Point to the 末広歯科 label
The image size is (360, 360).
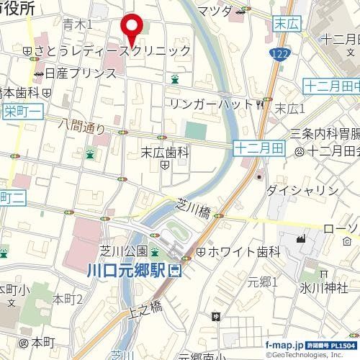click(x=164, y=152)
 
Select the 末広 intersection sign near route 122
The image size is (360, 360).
click(x=285, y=24)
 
